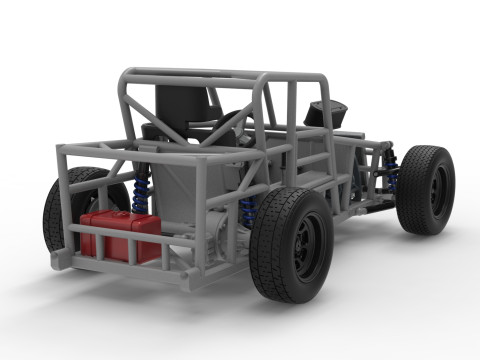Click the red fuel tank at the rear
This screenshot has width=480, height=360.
click(120, 235)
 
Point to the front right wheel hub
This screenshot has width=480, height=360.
click(436, 190)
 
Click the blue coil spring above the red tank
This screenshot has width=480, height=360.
click(141, 190)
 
